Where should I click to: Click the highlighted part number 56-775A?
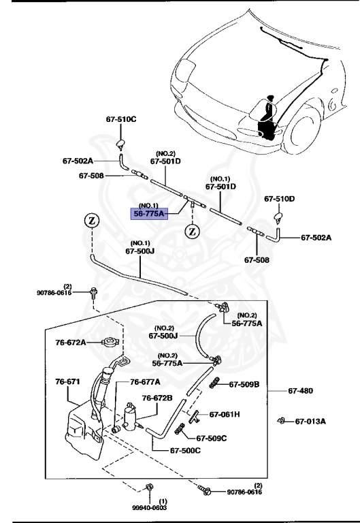coord(148,213)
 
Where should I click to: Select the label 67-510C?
coord(121,119)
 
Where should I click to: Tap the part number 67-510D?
coord(280,199)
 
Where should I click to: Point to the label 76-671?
coord(67,382)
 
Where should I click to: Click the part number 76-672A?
coord(71,342)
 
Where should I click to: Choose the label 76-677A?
coord(145,382)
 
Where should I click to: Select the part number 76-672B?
coord(157,398)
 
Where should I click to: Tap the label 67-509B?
coord(244,385)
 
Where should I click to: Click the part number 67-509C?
coord(212,438)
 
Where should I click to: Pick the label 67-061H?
coord(225,414)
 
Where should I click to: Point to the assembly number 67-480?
coord(301,391)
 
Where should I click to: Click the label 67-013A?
coord(310,422)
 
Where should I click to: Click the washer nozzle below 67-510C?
coord(120,142)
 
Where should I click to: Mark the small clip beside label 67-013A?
coord(280,421)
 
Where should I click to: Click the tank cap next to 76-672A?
coord(106,342)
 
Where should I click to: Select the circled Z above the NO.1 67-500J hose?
coord(92,220)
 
